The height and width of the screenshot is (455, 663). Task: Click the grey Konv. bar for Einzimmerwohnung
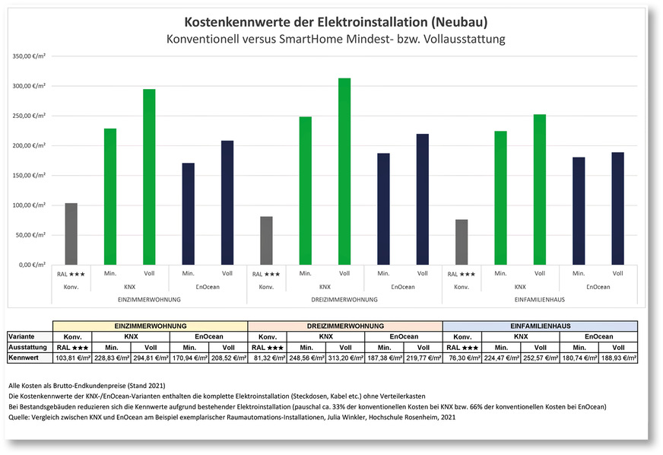pos(71,234)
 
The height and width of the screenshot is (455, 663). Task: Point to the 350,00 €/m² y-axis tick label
pos(30,56)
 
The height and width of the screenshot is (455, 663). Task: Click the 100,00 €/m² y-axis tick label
pos(30,205)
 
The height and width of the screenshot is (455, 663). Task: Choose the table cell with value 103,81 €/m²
pos(71,356)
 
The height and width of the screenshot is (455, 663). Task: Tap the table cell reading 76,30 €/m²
pos(462,356)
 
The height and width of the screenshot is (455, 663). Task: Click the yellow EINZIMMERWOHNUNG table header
pos(150,325)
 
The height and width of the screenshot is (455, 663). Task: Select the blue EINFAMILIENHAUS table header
pos(540,325)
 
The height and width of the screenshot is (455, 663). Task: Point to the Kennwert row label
pos(24,356)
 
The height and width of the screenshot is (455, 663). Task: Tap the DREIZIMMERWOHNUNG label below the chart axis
pos(344,301)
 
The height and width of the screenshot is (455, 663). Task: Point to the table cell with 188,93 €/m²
pos(617,356)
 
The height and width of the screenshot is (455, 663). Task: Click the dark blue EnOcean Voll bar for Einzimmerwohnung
pos(227,202)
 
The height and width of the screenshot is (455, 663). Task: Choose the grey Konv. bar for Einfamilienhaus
pos(462,242)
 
